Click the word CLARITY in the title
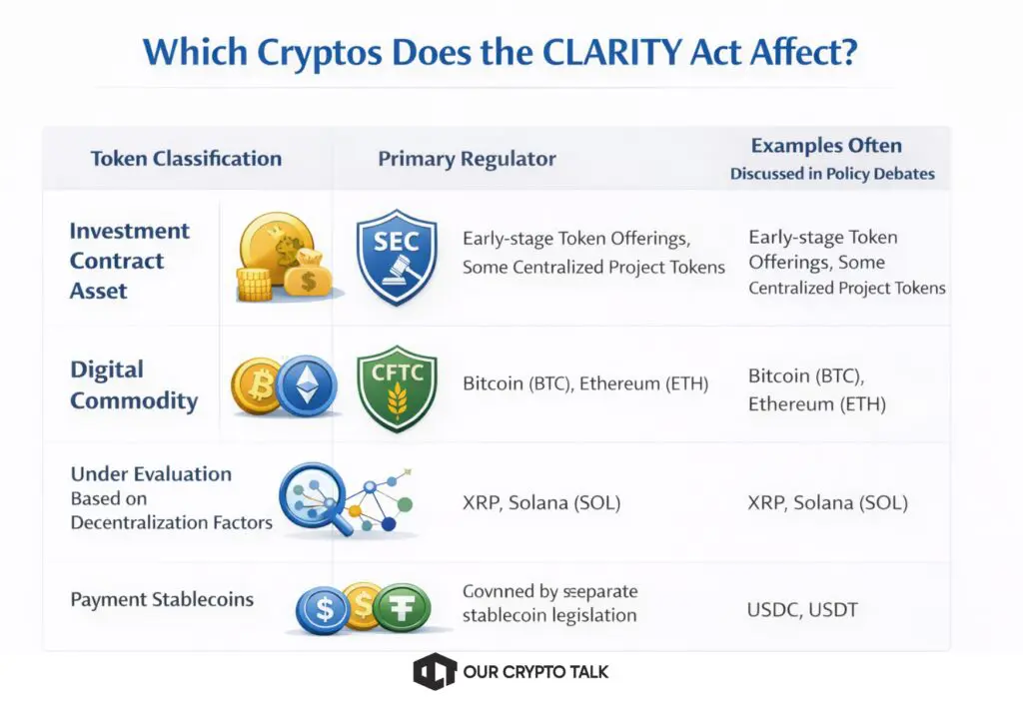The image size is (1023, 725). tap(612, 52)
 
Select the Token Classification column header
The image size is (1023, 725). tap(186, 159)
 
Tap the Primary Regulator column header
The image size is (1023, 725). tap(468, 159)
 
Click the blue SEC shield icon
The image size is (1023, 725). tap(397, 257)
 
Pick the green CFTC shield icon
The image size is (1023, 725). tap(397, 388)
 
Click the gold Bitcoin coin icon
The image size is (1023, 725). tap(258, 386)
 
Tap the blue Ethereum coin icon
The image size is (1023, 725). tap(306, 386)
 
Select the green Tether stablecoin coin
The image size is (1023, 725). tap(402, 607)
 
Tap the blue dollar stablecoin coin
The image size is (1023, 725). tap(324, 609)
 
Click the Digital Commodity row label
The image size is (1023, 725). tap(134, 384)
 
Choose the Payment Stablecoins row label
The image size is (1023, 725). tap(162, 599)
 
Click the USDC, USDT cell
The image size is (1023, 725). tap(802, 609)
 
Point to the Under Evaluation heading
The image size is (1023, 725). tap(151, 473)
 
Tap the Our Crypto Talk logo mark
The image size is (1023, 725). tap(435, 671)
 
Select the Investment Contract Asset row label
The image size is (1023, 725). tap(129, 260)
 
